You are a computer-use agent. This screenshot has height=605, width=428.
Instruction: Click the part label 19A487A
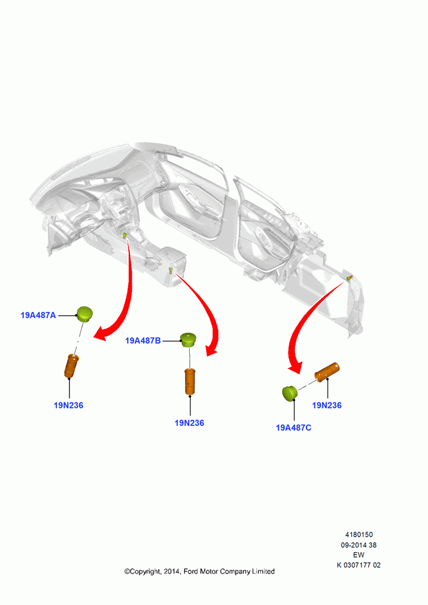click(38, 315)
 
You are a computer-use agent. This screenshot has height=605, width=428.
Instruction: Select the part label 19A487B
click(143, 341)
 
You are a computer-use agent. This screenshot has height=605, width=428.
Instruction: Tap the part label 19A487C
click(293, 428)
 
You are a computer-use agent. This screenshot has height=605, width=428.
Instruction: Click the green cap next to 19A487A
click(85, 313)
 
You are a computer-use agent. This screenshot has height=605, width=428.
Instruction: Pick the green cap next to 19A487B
click(189, 339)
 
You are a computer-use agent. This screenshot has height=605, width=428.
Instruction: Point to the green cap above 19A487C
click(290, 393)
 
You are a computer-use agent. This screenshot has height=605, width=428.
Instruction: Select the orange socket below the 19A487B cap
click(190, 382)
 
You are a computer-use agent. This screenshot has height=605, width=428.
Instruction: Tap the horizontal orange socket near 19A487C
click(328, 371)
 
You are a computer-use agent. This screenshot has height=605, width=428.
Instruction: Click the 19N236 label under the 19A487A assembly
click(68, 405)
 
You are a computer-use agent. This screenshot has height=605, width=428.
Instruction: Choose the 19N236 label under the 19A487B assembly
click(189, 423)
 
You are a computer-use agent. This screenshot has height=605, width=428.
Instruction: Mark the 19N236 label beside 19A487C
click(326, 405)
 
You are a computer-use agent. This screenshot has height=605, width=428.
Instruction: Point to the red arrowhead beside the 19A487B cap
click(212, 350)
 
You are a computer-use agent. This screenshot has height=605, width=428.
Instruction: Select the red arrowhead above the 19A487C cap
click(296, 367)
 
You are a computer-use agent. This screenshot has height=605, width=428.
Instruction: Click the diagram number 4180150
click(359, 535)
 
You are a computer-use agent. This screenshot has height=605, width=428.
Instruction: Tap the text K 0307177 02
click(358, 565)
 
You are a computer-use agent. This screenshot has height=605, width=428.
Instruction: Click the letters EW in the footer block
click(358, 555)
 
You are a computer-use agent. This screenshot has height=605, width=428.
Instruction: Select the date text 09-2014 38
click(358, 545)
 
